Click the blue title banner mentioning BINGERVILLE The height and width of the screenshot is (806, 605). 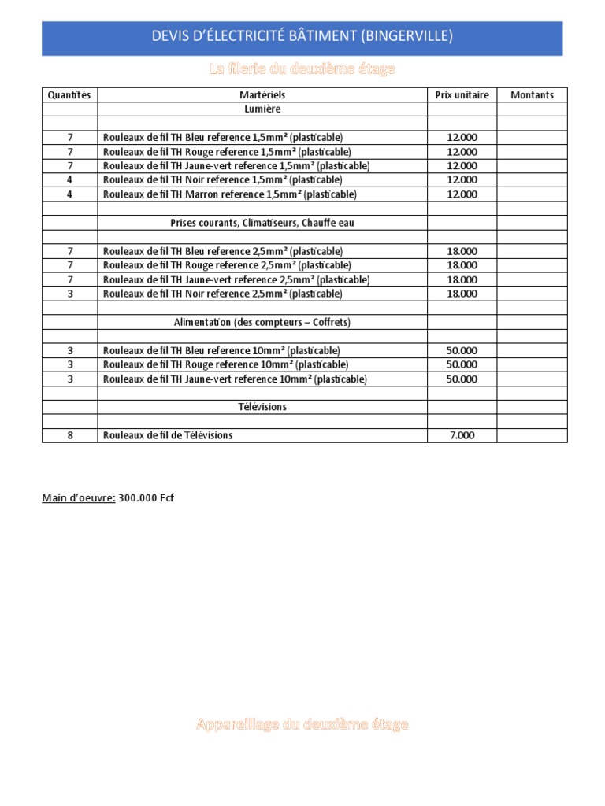pyautogui.click(x=302, y=37)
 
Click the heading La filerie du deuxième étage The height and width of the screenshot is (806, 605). pyautogui.click(x=302, y=70)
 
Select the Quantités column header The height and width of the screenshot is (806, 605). pyautogui.click(x=69, y=95)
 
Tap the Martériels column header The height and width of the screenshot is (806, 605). pyautogui.click(x=262, y=95)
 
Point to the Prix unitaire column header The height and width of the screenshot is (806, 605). pyautogui.click(x=462, y=95)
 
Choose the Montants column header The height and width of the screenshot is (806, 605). pyautogui.click(x=532, y=95)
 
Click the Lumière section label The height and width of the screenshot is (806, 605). pyautogui.click(x=262, y=109)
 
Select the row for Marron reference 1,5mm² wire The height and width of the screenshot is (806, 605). pyautogui.click(x=229, y=194)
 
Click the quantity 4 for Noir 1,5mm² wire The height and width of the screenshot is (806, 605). pyautogui.click(x=69, y=180)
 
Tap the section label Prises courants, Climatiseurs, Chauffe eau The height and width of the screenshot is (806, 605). pyautogui.click(x=262, y=223)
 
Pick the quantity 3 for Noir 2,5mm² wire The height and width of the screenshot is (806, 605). pyautogui.click(x=69, y=294)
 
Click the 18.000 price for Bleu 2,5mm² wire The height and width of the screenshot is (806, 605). pyautogui.click(x=462, y=251)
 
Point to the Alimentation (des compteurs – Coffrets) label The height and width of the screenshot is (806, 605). pyautogui.click(x=262, y=322)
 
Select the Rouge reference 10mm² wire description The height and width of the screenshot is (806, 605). pyautogui.click(x=225, y=364)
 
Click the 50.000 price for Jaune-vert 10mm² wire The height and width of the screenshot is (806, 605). pyautogui.click(x=462, y=379)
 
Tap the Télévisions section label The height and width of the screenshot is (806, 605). pyautogui.click(x=262, y=407)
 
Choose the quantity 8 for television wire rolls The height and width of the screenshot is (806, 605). pyautogui.click(x=69, y=435)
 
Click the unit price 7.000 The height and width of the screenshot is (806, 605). pyautogui.click(x=462, y=435)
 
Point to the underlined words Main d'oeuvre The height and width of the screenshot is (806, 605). pyautogui.click(x=79, y=497)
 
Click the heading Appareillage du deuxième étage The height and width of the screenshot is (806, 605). pyautogui.click(x=302, y=724)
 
